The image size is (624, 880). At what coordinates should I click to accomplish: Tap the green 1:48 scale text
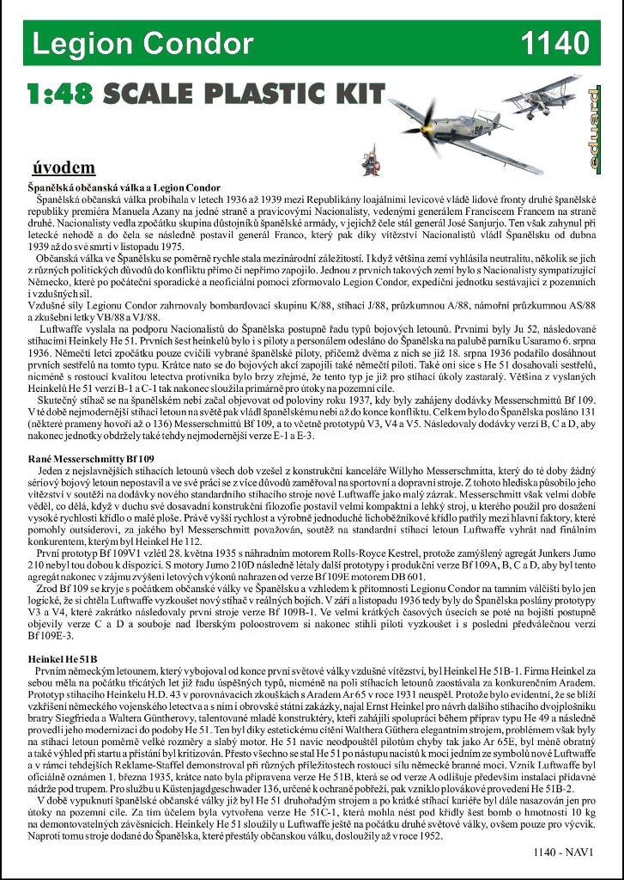[59, 94]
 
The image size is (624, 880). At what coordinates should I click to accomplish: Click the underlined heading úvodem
[64, 167]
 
